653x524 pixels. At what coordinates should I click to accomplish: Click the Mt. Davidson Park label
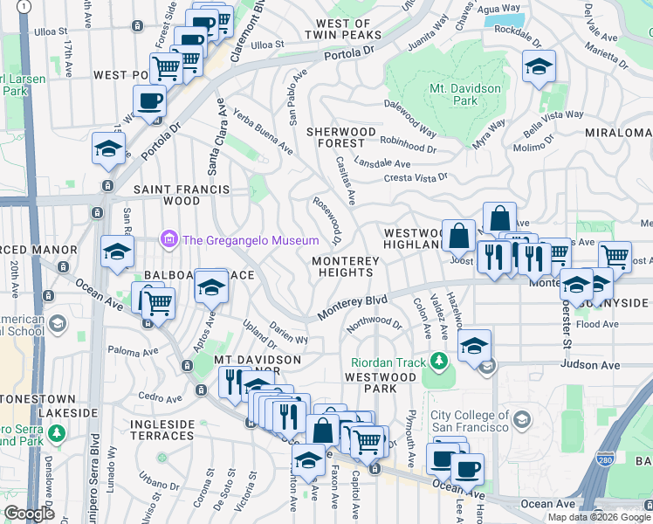(x=464, y=94)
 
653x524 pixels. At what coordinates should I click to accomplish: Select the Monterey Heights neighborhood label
(x=346, y=266)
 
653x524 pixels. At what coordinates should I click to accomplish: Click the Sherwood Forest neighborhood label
(x=335, y=137)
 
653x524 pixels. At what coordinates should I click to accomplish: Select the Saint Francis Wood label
(x=181, y=195)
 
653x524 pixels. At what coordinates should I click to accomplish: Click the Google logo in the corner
(x=29, y=514)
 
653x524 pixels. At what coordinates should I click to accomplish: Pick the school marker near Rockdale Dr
(x=539, y=66)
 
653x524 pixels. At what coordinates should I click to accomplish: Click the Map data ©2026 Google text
(x=598, y=517)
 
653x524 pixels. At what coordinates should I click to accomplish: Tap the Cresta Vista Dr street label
(x=416, y=178)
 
